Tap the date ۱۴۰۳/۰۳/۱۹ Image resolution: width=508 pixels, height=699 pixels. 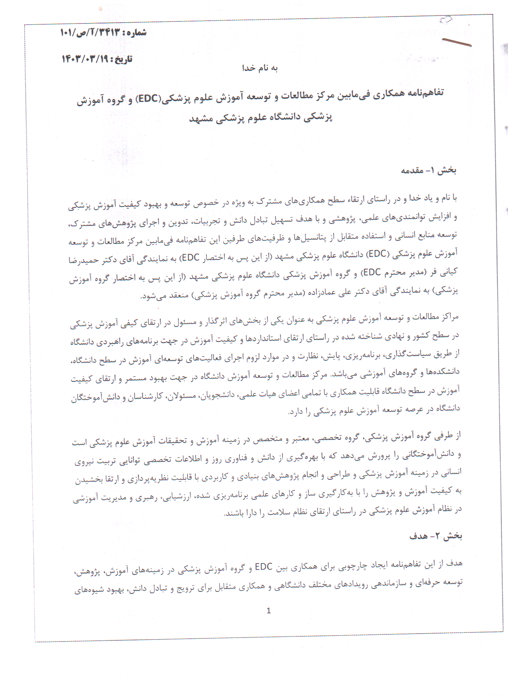pos(84,59)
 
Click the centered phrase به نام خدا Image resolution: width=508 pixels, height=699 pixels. pos(260,68)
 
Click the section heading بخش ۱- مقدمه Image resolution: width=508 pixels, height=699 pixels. pos(428,171)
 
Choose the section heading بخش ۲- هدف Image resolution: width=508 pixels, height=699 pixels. pos(435,536)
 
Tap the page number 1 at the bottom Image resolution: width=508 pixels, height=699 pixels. pos(269,611)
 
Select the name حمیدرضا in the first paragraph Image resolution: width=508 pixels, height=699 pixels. pos(84,260)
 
